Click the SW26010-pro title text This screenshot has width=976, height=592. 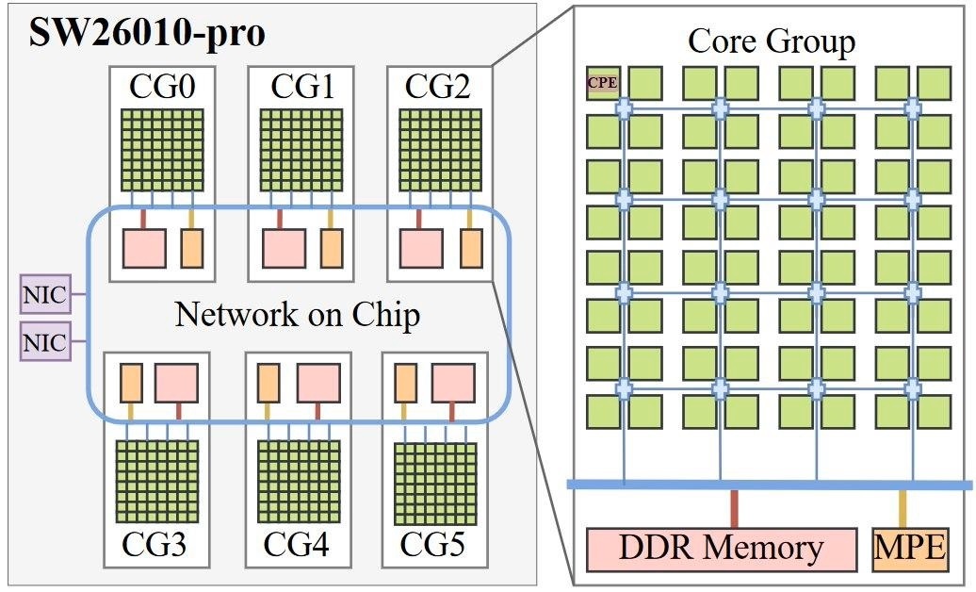pos(146,33)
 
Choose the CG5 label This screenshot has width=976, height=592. pos(434,545)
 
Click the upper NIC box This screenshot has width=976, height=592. pos(44,296)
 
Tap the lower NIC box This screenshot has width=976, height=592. pos(44,342)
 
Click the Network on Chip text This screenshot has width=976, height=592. pos(297,315)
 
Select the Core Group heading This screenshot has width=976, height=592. pos(772,41)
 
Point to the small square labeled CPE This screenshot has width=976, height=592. pos(602,82)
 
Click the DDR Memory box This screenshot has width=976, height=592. pos(721,549)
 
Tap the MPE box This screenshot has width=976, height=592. pos(910,549)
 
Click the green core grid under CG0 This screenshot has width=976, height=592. pos(162,152)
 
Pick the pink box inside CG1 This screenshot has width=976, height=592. pos(285,248)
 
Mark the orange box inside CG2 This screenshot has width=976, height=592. pos(471,247)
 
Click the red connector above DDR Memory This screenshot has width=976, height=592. pos(734,508)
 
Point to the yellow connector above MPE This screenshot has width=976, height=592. pos(903,508)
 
